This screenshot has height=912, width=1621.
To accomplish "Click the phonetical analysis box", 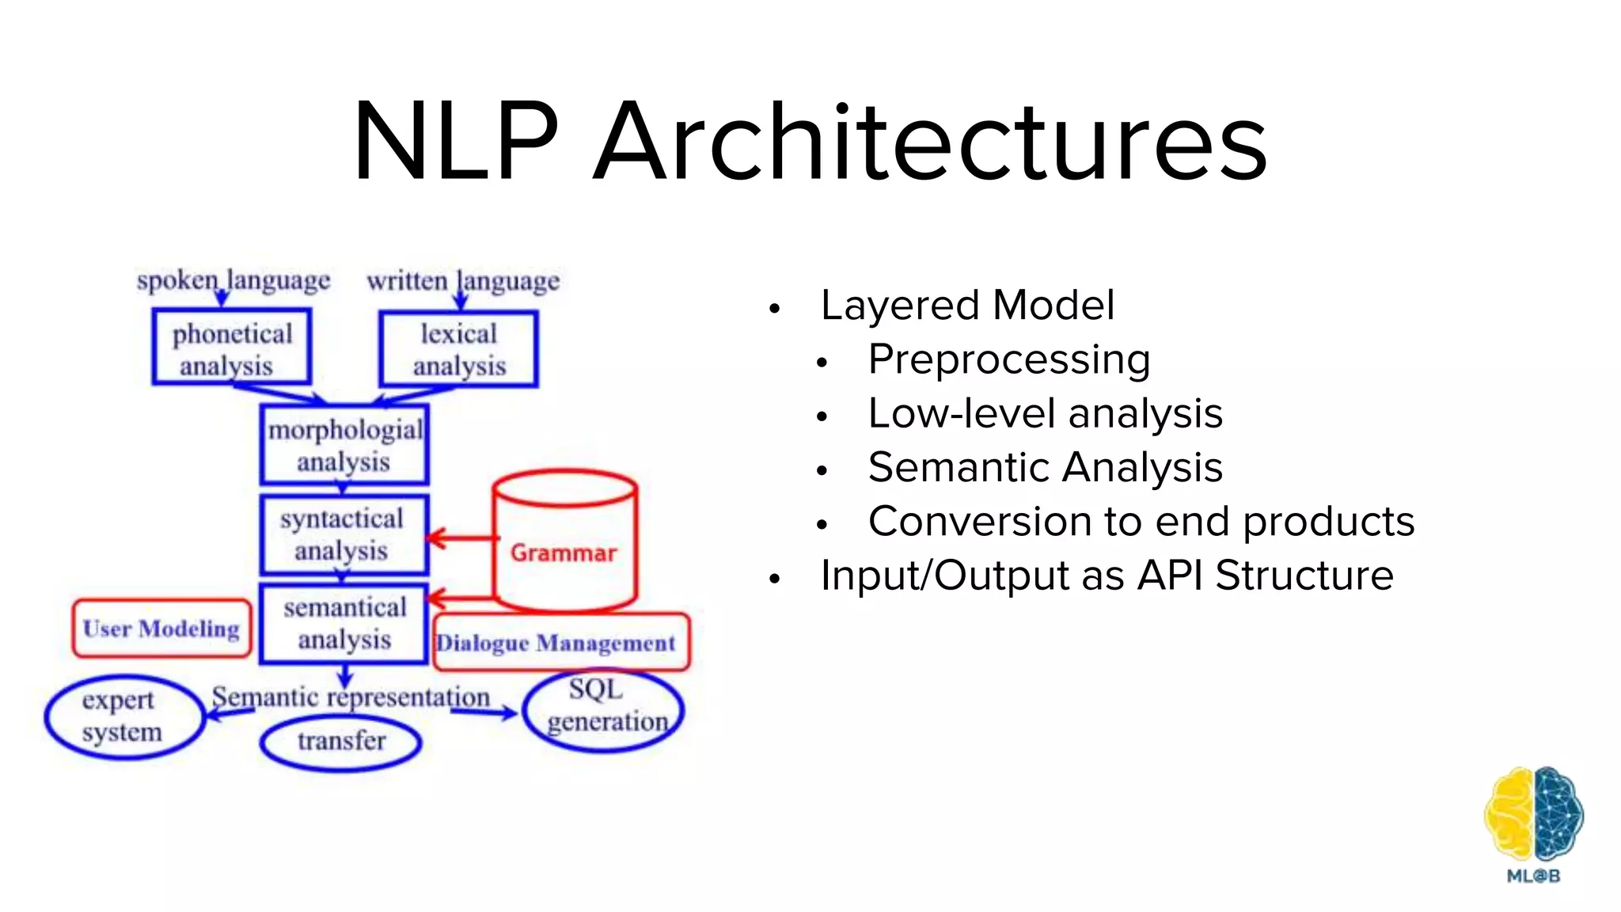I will pos(232,348).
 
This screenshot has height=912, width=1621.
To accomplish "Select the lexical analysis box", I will pos(458,348).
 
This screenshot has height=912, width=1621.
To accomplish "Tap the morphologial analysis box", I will pos(344,445).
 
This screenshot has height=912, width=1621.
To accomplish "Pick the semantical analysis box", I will pos(344,623).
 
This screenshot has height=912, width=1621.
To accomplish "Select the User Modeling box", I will pos(161,629).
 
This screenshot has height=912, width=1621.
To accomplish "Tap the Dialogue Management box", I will pos(560,642).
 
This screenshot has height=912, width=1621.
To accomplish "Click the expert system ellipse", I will pos(123,716).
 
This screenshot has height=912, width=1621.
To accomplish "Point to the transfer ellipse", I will pos(341,742).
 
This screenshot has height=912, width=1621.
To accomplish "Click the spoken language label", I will pos(233,280).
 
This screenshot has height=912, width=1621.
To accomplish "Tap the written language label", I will pos(463,280).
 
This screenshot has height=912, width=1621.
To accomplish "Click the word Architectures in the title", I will pos(930,142).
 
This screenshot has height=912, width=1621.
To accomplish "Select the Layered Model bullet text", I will pos(967,306).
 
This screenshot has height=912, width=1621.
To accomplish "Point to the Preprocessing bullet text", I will pos(1009,360).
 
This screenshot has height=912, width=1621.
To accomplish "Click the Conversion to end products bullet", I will pos(1141,522).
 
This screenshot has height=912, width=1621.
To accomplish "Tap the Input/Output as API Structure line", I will pos(1107,576).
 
